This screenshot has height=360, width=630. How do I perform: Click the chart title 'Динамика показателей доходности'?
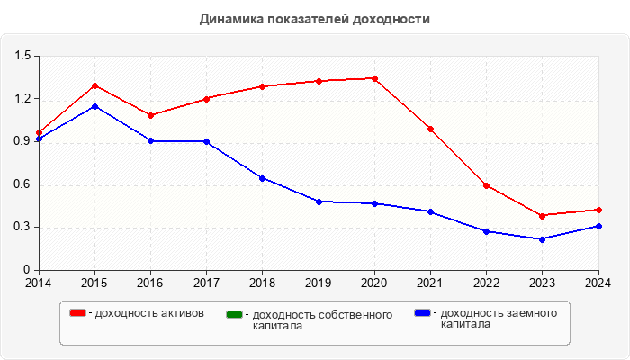(x=315, y=19)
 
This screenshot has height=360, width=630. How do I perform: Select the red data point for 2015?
(x=94, y=85)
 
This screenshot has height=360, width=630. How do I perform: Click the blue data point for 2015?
(x=94, y=106)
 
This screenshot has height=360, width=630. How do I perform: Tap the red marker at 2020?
(x=374, y=78)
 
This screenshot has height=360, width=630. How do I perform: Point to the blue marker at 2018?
(x=262, y=178)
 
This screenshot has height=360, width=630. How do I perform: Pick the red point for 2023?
(x=543, y=216)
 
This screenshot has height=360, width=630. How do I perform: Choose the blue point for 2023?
(x=543, y=239)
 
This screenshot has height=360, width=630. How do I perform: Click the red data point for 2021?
(x=430, y=129)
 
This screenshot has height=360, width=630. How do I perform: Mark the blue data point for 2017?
(x=206, y=141)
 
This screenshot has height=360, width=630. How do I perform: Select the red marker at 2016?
(x=150, y=115)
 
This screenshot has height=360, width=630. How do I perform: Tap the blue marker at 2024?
(x=598, y=226)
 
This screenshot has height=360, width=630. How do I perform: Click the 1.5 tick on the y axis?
(x=22, y=56)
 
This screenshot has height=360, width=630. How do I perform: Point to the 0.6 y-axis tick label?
(x=22, y=184)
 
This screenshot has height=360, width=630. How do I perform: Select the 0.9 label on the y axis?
(x=22, y=141)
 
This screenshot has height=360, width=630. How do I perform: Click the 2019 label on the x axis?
(x=319, y=283)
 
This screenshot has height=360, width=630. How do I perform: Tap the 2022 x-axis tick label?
(x=486, y=283)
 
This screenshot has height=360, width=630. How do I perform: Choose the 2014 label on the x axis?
(x=39, y=283)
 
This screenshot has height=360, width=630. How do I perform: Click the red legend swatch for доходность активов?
(x=78, y=312)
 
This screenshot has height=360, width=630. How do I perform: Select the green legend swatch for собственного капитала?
(x=235, y=314)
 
